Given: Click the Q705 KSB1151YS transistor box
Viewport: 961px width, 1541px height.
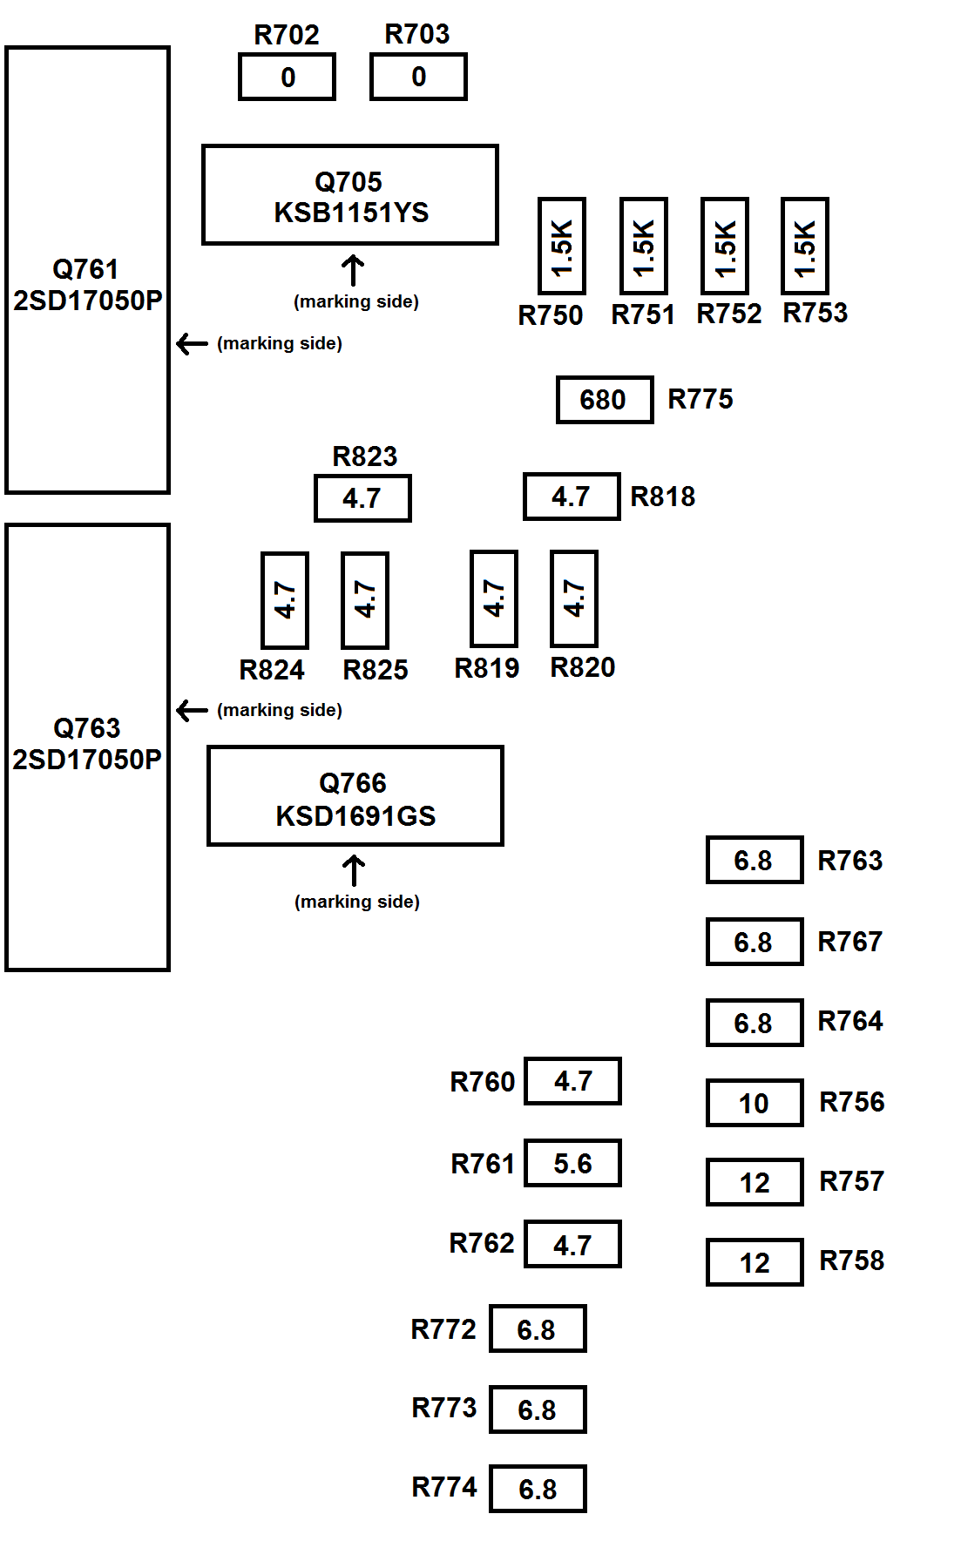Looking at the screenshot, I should click(349, 195).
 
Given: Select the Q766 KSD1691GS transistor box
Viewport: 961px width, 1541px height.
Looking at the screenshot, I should click(355, 796).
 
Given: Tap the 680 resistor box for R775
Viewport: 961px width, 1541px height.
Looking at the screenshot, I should click(605, 400).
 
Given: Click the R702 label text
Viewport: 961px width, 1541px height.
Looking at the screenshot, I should click(287, 35).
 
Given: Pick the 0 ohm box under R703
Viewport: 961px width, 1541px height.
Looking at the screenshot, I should click(418, 77).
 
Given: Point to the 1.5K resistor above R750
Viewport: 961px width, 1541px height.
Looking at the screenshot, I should click(562, 247).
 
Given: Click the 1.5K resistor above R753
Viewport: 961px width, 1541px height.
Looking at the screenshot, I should click(804, 247).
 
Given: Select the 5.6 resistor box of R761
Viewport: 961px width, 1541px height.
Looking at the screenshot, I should click(572, 1163).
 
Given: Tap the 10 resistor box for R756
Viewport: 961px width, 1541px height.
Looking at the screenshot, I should click(754, 1103).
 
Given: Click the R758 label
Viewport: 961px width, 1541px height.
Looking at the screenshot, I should click(851, 1261).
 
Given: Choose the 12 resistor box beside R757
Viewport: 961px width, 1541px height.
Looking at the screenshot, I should click(754, 1182).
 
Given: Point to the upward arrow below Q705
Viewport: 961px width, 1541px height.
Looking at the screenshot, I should click(353, 270).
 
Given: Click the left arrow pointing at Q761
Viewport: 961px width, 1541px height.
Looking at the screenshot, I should click(192, 344).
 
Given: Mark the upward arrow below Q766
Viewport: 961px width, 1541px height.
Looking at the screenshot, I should click(354, 871).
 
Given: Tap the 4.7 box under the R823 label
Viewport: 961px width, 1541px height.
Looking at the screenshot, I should click(362, 498).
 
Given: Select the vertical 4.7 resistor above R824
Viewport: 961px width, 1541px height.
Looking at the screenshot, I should click(285, 600).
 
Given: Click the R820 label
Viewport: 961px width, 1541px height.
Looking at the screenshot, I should click(582, 667).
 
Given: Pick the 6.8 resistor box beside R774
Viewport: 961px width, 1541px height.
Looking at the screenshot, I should click(538, 1489).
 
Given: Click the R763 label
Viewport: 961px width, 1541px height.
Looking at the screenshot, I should click(849, 861).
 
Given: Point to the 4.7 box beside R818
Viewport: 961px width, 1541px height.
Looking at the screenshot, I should click(572, 497).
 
